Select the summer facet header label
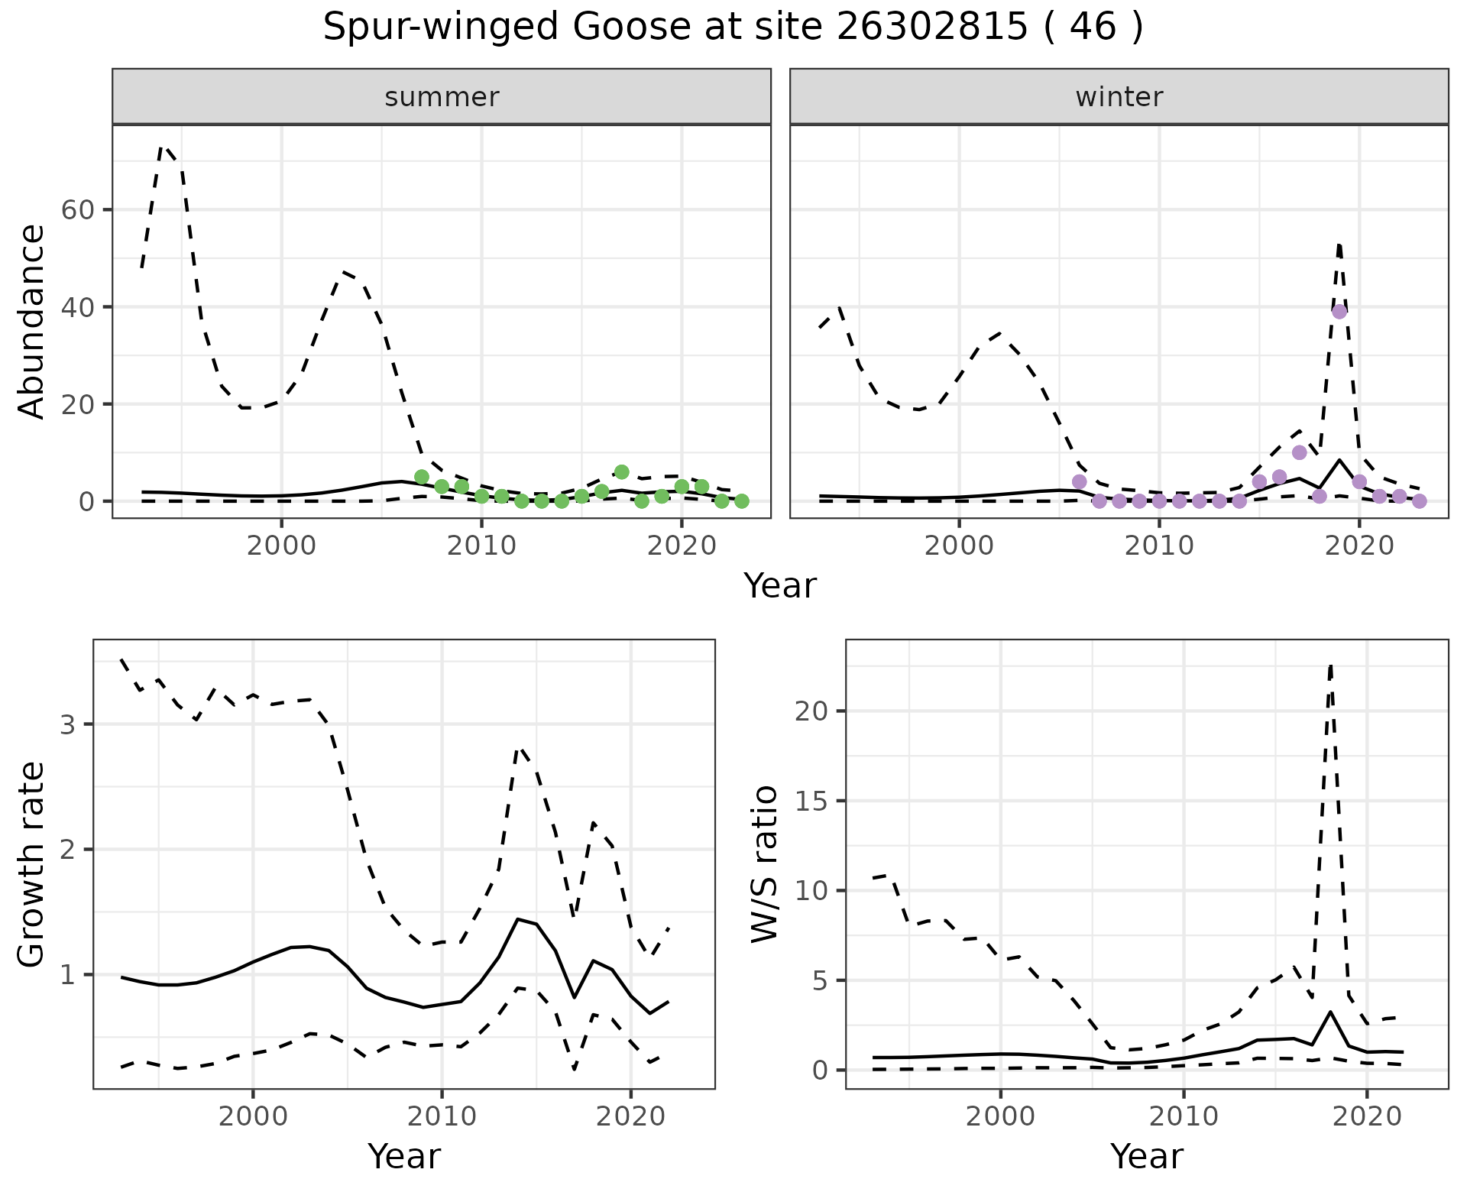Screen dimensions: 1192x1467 coord(442,97)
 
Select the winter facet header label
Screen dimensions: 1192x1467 coord(1119,97)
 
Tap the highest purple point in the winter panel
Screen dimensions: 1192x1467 coord(1339,311)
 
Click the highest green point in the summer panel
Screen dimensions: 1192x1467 coord(621,472)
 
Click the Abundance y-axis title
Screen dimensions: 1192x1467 coord(32,321)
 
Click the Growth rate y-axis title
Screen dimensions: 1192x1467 coord(32,863)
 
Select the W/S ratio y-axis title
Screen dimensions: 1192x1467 coord(764,863)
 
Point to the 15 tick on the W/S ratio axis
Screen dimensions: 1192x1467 coord(813,801)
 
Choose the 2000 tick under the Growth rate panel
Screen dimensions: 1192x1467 coord(253,1116)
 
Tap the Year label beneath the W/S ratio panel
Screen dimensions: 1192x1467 coord(1146,1156)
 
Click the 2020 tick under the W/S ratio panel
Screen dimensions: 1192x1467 coord(1366,1116)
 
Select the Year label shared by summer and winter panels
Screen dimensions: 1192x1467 coord(780,586)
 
